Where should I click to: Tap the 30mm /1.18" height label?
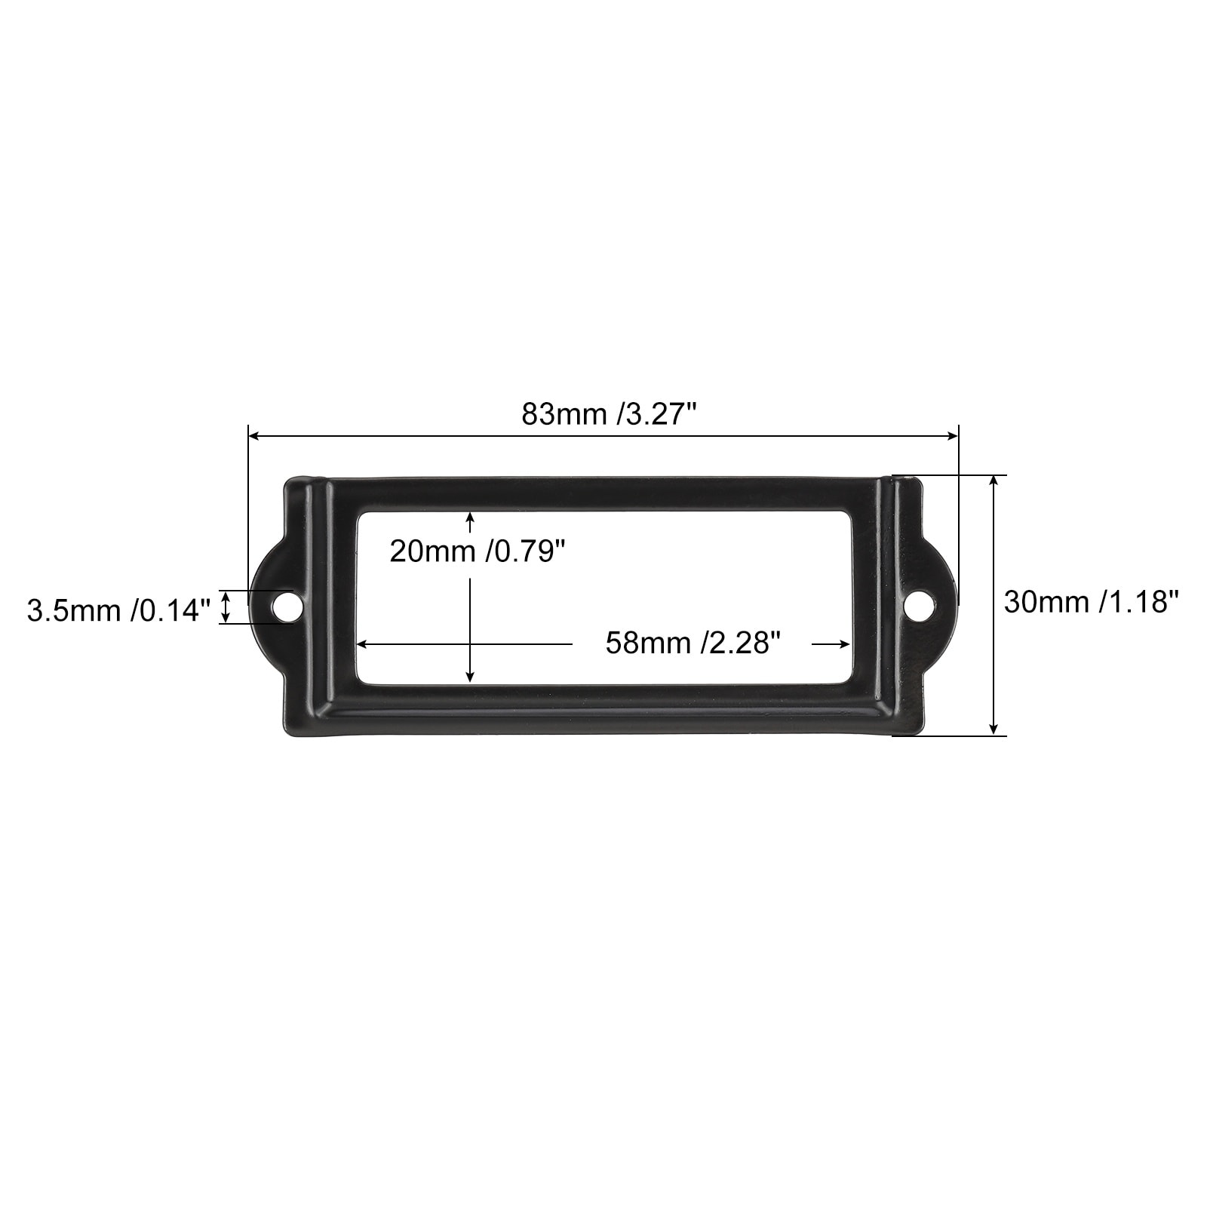pos(1091,602)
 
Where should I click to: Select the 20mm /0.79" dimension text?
pos(477,552)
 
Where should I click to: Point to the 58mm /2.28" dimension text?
pos(692,643)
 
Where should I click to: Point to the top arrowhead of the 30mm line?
pos(995,481)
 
